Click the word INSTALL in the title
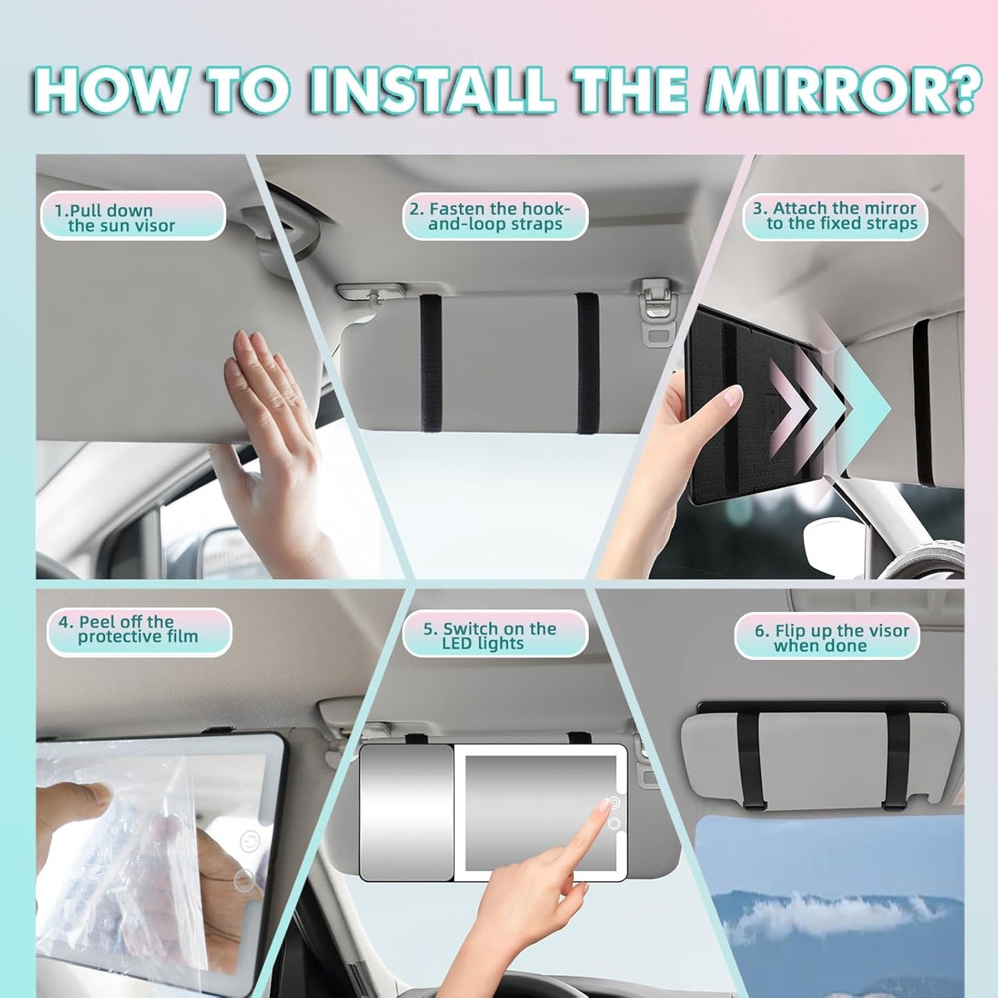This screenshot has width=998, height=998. (x=432, y=90)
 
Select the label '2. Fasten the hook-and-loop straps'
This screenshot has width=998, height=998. (x=495, y=216)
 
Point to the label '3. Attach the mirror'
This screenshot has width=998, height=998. (x=835, y=215)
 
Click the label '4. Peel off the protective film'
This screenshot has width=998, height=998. (x=139, y=630)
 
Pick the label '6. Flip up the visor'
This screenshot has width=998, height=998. (x=827, y=637)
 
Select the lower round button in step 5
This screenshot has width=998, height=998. (x=614, y=823)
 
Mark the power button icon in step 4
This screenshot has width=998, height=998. (x=249, y=842)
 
